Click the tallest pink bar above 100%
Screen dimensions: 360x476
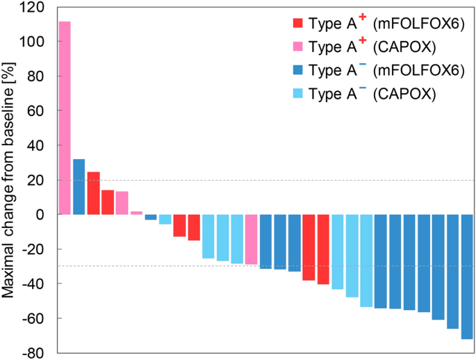pyautogui.click(x=65, y=118)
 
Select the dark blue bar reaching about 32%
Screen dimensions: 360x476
pyautogui.click(x=79, y=187)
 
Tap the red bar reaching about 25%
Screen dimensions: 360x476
pyautogui.click(x=93, y=193)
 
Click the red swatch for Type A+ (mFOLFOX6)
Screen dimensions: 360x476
pyautogui.click(x=298, y=23)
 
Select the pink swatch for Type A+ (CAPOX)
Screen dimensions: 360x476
pyautogui.click(x=298, y=47)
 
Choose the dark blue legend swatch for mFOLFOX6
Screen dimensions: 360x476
pyautogui.click(x=298, y=70)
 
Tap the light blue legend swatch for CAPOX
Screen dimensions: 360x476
pyautogui.click(x=298, y=94)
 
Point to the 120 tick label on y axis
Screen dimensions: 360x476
pyautogui.click(x=33, y=8)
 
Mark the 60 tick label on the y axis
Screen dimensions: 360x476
pyautogui.click(x=38, y=111)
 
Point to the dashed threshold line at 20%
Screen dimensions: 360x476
pyautogui.click(x=278, y=181)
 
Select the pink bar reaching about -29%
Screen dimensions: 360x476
pyautogui.click(x=251, y=239)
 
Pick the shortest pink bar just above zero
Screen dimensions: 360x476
pyautogui.click(x=136, y=213)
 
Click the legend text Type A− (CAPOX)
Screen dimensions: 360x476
pyautogui.click(x=372, y=95)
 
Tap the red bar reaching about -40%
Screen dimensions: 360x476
pyautogui.click(x=323, y=249)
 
